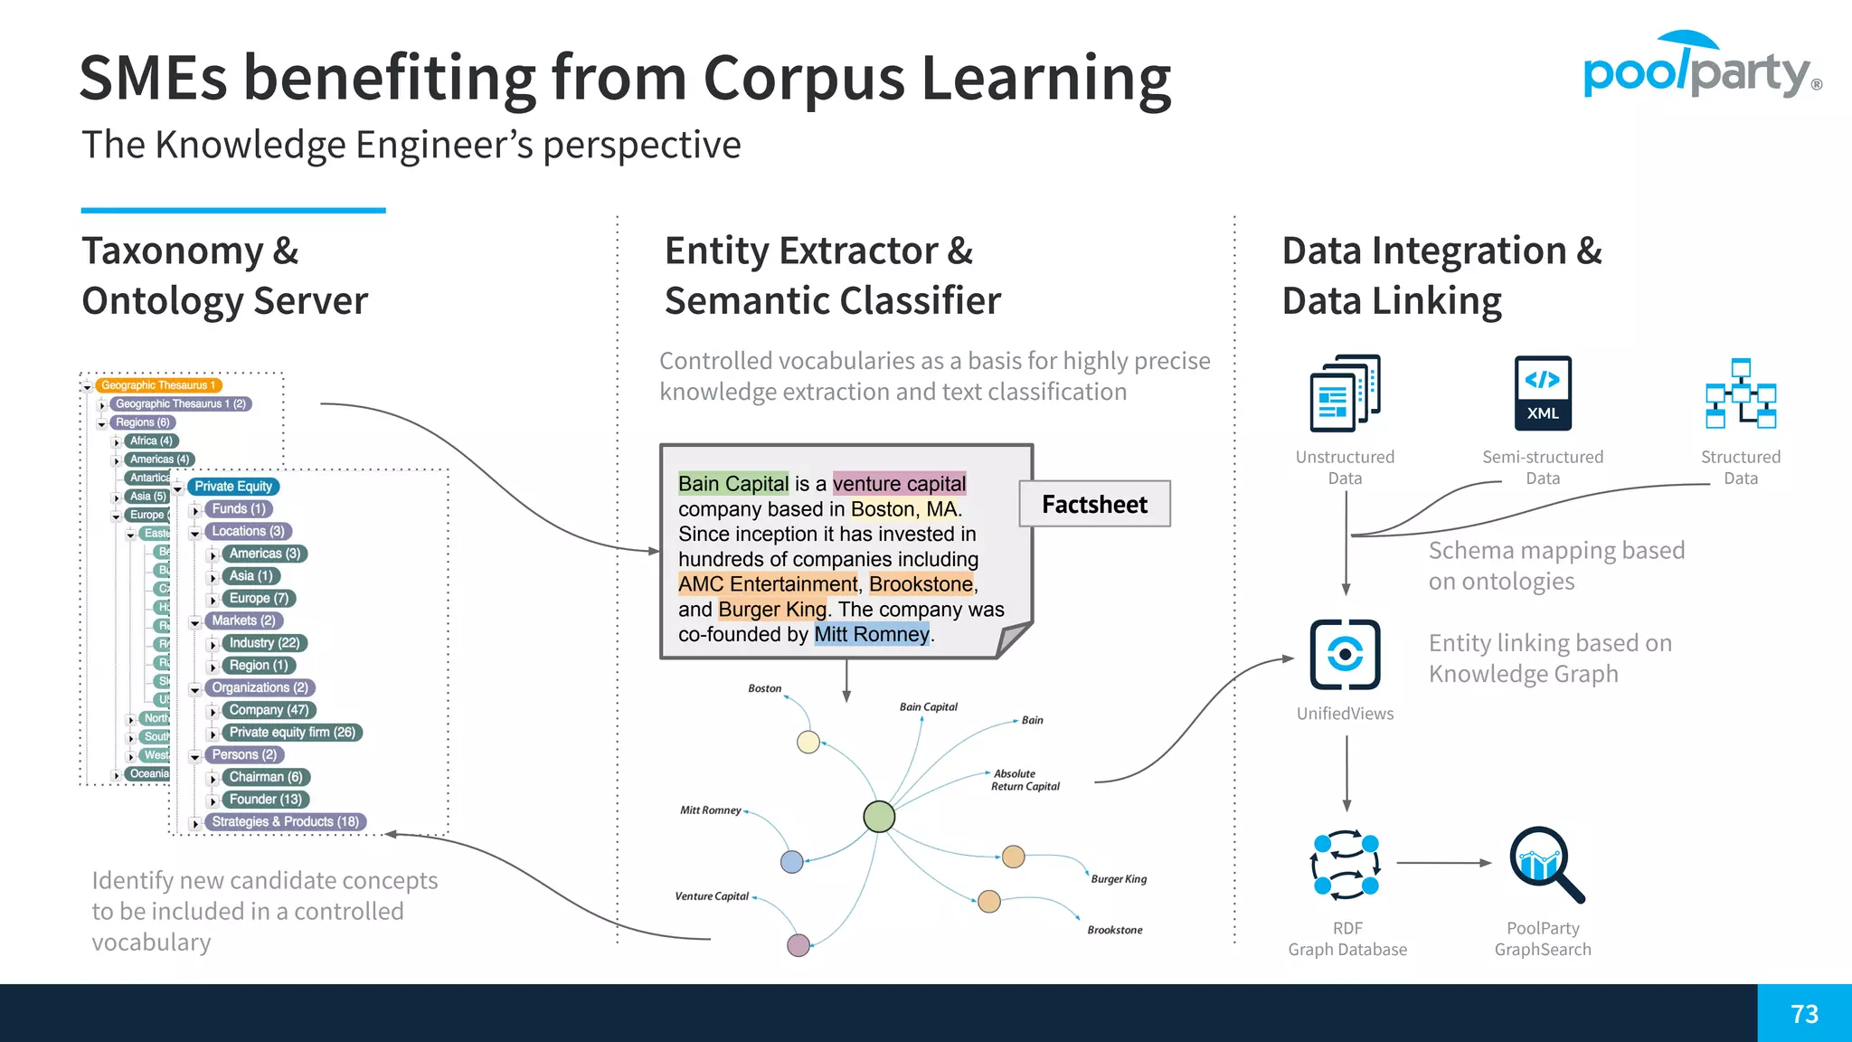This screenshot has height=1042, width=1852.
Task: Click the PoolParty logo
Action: coord(1700,67)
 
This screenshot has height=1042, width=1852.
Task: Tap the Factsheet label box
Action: coord(1094,504)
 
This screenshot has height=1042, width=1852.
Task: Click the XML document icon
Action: coord(1543,393)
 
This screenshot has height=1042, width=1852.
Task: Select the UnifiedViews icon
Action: coord(1345,654)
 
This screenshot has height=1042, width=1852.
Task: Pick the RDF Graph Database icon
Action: coord(1346,864)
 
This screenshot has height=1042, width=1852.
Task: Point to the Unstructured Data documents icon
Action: coord(1345,393)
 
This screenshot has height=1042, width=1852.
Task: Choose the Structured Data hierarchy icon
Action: coord(1741,393)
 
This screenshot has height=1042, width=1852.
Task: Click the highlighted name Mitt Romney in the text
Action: coord(871,634)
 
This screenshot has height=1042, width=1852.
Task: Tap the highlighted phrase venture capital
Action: coord(899,484)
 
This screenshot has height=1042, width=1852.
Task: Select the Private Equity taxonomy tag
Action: coord(233,487)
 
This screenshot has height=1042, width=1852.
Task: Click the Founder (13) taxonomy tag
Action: coord(266,800)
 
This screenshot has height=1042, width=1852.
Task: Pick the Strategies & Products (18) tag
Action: coord(285,821)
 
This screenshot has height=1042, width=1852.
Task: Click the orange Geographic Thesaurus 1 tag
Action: coord(158,385)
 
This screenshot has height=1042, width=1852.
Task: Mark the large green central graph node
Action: coord(879,817)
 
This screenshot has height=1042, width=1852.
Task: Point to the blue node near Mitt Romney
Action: coord(792,861)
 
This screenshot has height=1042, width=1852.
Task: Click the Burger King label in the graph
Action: coord(1118,879)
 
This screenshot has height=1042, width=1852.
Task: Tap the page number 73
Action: coord(1804,1014)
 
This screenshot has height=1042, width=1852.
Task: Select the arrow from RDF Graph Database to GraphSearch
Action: coord(1443,863)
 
